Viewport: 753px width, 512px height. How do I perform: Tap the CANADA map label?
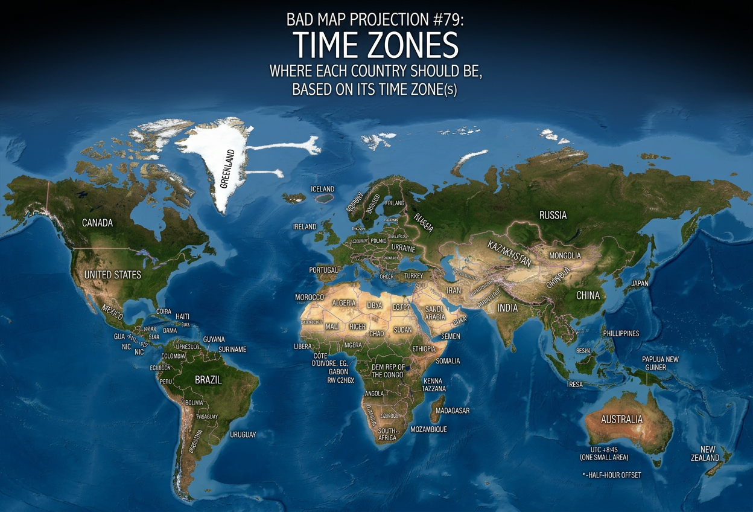(x=97, y=223)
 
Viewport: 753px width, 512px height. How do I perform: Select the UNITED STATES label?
(x=112, y=275)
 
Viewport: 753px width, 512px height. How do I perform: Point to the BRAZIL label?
(x=208, y=380)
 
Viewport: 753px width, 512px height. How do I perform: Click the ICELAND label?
(x=322, y=189)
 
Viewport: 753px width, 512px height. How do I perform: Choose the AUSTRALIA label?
(x=621, y=419)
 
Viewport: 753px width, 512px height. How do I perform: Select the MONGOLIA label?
(x=565, y=255)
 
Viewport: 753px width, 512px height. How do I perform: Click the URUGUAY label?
(x=243, y=434)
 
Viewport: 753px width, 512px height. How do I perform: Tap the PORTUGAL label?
(x=323, y=270)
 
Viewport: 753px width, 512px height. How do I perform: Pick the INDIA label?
(x=507, y=307)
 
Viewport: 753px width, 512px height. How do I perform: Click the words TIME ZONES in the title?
(x=376, y=45)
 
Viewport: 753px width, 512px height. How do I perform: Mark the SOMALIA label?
(x=447, y=361)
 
